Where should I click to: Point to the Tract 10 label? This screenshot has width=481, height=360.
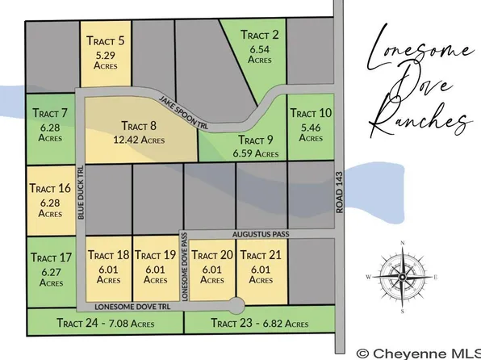pos(310,113)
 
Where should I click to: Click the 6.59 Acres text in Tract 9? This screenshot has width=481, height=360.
pos(254,152)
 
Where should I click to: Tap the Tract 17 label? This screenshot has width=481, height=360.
pos(50,257)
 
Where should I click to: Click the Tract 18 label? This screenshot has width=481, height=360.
pos(108,255)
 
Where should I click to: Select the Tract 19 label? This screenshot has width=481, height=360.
pos(155,255)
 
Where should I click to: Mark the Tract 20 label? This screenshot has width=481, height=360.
pos(212,255)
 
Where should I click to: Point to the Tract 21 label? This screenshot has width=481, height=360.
pos(259,255)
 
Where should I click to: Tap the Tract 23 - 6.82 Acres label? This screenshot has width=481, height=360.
pos(259,324)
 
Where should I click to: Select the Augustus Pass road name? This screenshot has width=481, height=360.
pos(259,232)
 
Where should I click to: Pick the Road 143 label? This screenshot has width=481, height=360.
pos(339,194)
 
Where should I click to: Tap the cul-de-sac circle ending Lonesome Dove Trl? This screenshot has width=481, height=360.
pos(235,307)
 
